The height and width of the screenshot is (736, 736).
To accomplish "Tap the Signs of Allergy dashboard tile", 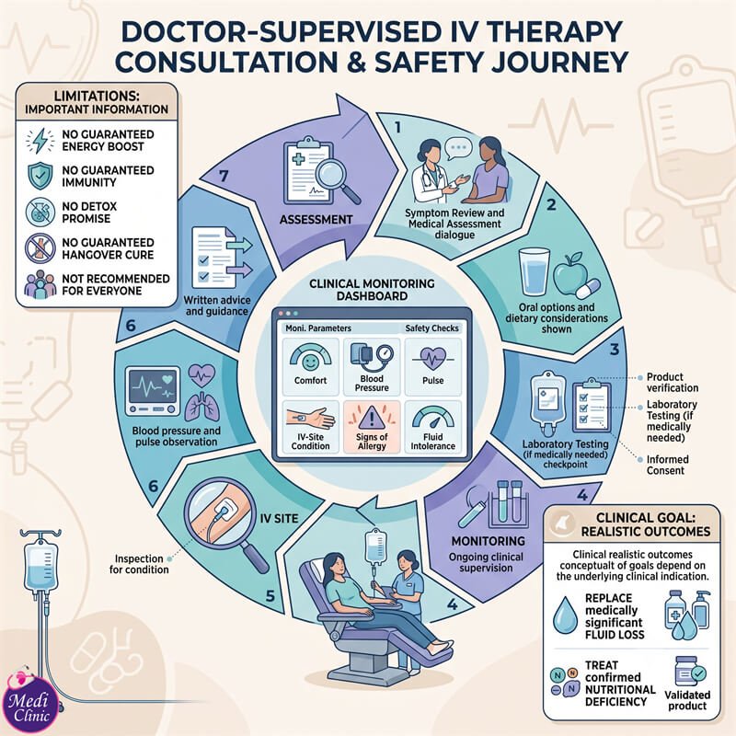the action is (372, 427).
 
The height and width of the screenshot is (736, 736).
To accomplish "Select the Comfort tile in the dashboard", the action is (310, 366).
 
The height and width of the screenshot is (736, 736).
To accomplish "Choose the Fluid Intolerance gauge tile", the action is (432, 427).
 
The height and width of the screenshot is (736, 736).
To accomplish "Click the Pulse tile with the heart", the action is (432, 366).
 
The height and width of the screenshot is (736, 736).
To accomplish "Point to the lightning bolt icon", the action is (40, 140).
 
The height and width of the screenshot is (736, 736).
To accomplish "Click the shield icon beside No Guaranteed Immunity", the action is (40, 176).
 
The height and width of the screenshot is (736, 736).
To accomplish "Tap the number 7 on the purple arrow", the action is (224, 176).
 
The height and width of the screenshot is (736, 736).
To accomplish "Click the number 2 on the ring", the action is (551, 204).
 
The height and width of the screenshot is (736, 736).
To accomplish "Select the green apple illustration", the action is (569, 273).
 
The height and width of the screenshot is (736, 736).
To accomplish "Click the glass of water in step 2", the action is (534, 272).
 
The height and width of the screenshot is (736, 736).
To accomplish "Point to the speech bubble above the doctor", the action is (458, 148).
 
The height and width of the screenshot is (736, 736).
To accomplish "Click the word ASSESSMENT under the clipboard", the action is (316, 219).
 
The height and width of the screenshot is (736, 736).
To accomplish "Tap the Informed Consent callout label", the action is (668, 465).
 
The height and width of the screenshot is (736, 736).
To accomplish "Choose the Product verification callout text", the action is (673, 382).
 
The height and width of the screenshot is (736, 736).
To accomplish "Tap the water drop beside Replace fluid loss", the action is (565, 615).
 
